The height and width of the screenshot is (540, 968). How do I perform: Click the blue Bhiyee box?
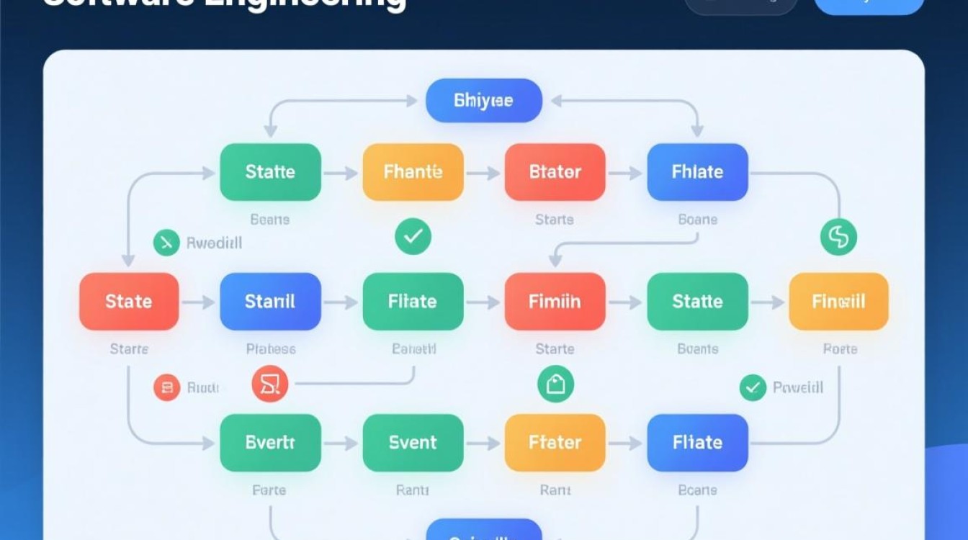point(483,100)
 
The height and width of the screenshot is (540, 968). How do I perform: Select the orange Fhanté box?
point(413,172)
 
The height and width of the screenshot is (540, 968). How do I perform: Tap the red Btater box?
point(555,172)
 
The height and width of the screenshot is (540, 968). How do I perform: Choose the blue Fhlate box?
point(697,172)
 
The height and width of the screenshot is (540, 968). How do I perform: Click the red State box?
point(128,301)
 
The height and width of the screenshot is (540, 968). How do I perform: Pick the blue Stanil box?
point(270,301)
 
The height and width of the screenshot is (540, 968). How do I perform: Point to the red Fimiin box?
point(555,301)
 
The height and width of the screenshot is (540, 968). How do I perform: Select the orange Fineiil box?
point(838,301)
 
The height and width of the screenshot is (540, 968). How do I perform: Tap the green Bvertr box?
point(270,442)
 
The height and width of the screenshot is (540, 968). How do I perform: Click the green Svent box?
point(413,442)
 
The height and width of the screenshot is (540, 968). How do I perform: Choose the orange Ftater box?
point(555,442)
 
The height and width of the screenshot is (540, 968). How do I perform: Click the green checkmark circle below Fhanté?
point(413,237)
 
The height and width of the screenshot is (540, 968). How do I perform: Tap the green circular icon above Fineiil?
point(838,237)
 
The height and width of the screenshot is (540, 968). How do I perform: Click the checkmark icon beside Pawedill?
point(752,388)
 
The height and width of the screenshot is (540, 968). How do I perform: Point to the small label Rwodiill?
point(214,243)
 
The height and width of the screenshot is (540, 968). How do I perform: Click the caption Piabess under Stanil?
point(270,349)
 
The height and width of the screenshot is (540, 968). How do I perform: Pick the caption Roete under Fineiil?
point(839,349)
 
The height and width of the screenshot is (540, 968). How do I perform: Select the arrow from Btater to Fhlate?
point(625,173)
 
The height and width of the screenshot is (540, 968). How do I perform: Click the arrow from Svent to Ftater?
point(484,444)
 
